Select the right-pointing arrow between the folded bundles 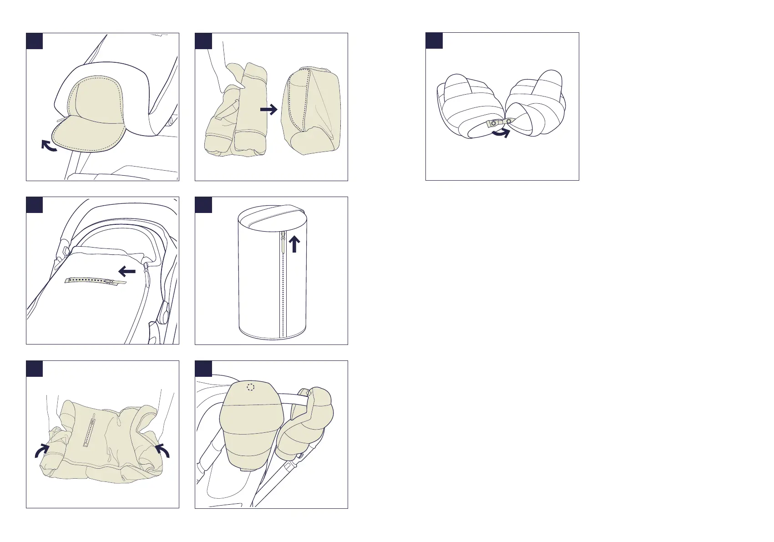click(269, 109)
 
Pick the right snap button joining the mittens click(509, 121)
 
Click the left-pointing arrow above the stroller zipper click(127, 272)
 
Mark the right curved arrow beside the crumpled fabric click(162, 451)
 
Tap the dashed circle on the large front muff click(250, 387)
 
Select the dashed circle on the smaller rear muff click(309, 393)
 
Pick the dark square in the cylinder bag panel click(203, 205)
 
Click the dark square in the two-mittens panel click(434, 41)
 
